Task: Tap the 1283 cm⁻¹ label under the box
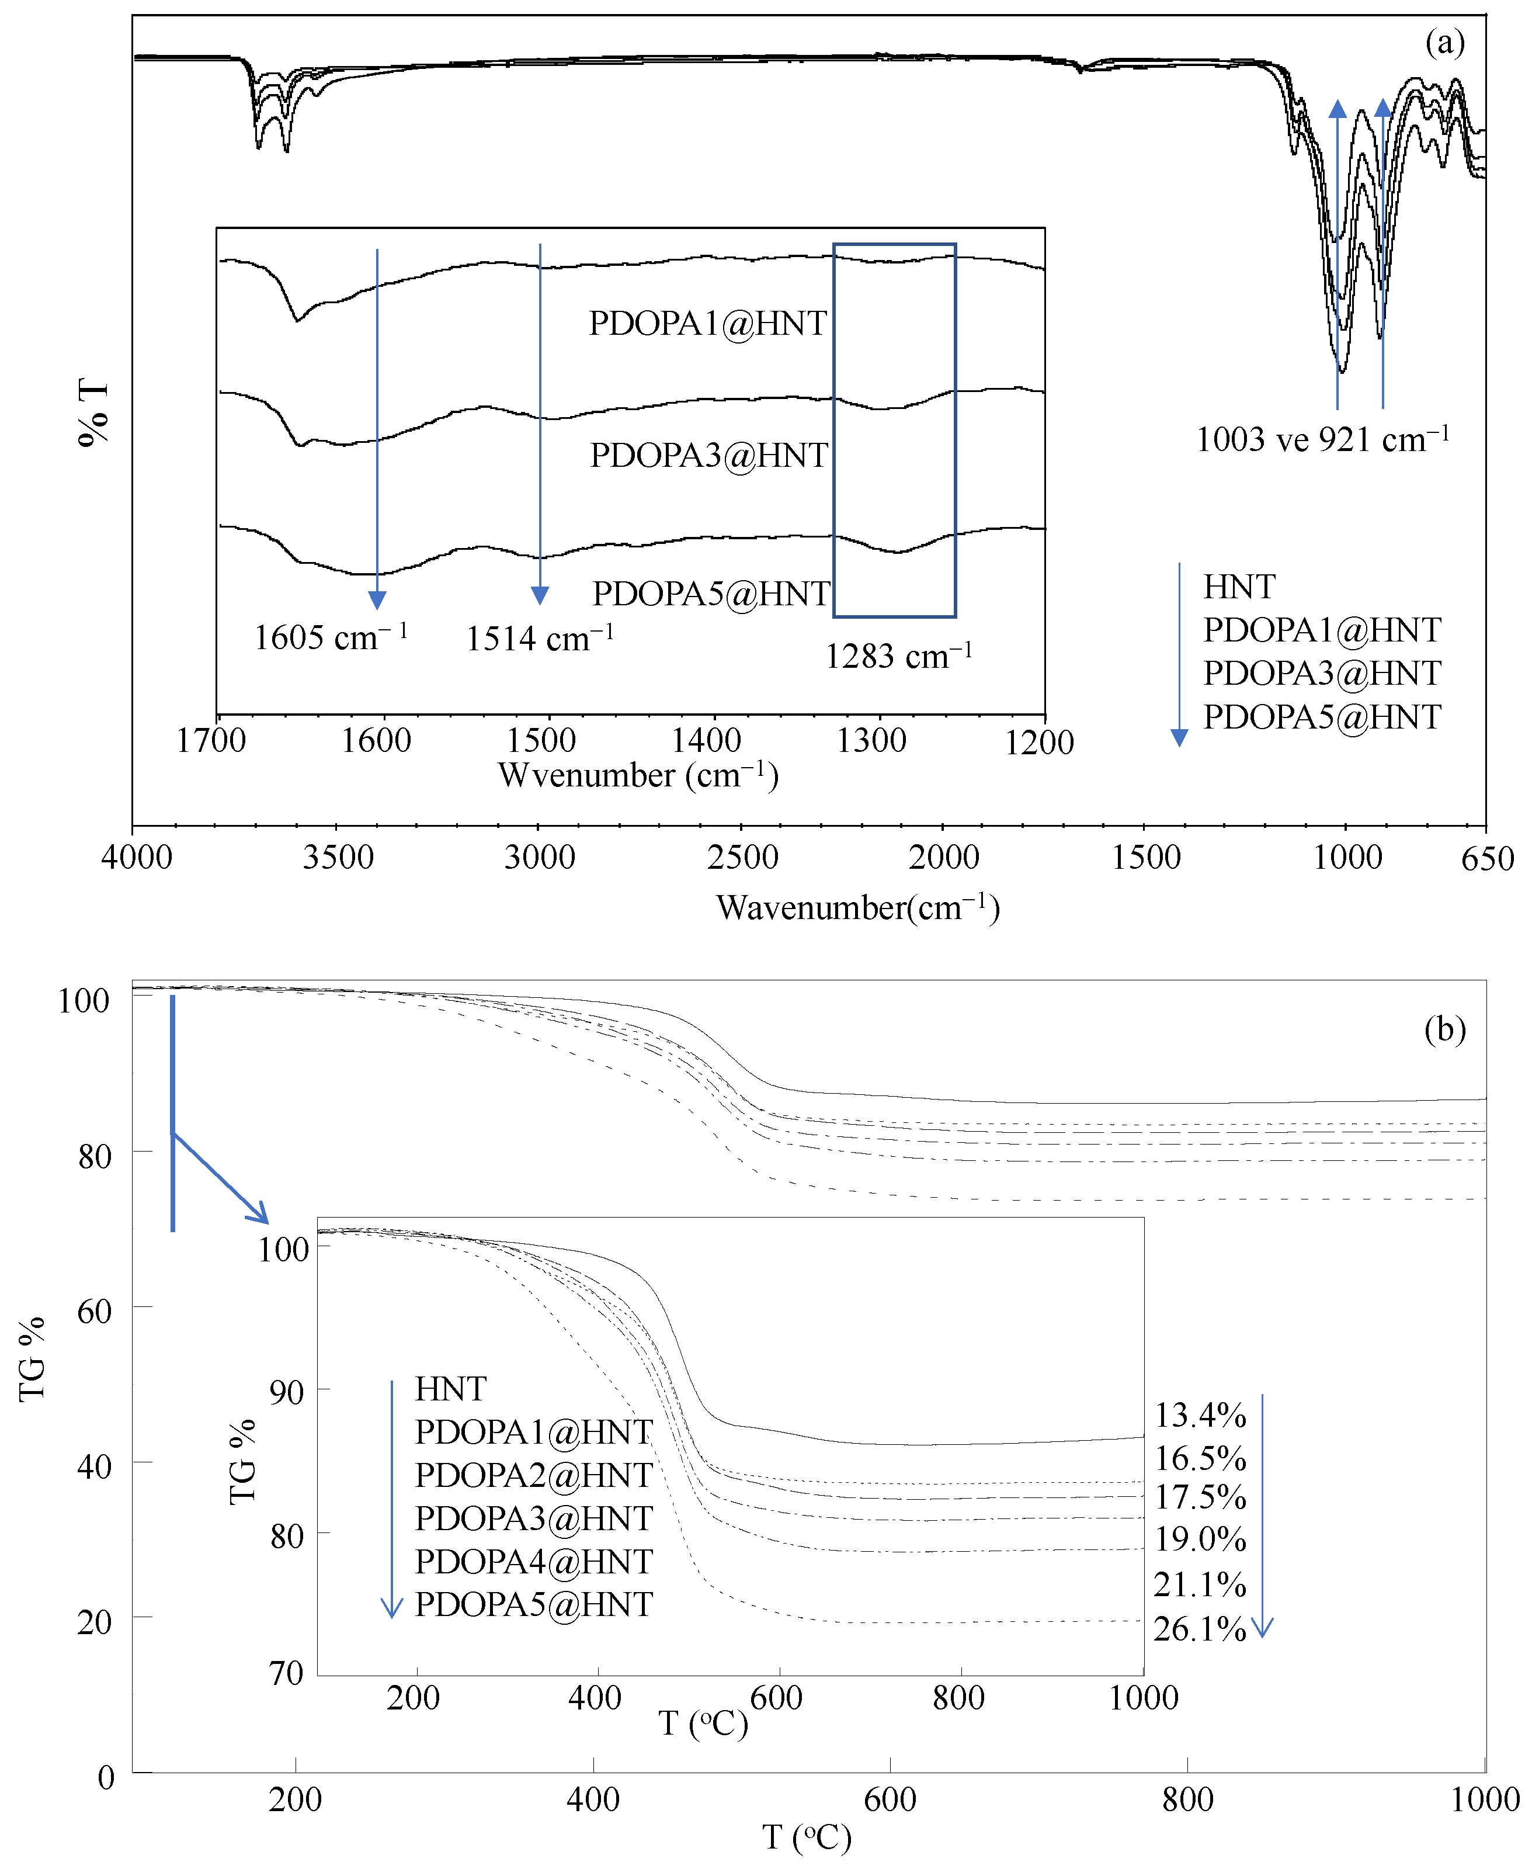898,656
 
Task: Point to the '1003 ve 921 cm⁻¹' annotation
1322,439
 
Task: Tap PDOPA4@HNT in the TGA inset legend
534,1561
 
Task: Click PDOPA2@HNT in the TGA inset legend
534,1475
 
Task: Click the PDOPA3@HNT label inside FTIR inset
708,456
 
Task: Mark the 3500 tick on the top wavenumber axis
338,857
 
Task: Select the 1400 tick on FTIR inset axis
706,740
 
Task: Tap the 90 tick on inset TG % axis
287,1392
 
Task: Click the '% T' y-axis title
93,412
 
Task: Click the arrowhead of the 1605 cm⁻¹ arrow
377,601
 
